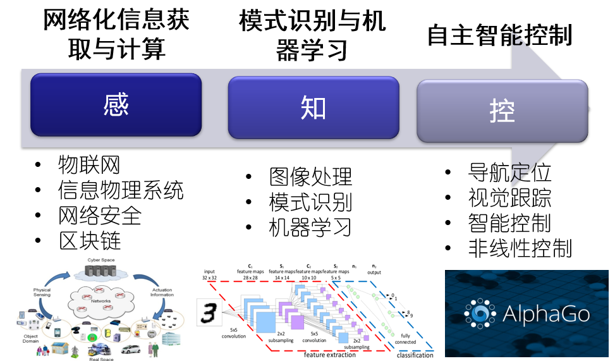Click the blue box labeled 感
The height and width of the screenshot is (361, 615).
click(116, 105)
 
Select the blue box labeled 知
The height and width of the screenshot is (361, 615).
click(313, 108)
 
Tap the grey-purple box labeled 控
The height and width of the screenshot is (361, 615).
click(502, 111)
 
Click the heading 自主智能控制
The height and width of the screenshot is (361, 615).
click(499, 35)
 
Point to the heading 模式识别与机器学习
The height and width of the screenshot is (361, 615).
click(312, 35)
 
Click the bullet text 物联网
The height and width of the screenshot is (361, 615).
click(88, 165)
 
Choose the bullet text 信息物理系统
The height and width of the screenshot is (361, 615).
click(121, 190)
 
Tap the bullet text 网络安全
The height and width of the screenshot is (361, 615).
click(99, 216)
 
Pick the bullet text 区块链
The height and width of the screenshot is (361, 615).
click(88, 241)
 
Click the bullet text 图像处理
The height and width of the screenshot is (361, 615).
click(310, 177)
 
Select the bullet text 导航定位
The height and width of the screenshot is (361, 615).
click(509, 172)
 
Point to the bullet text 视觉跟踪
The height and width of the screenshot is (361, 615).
click(509, 197)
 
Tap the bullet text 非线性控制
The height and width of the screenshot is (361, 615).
click(520, 248)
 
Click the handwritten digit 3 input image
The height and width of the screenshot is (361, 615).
click(210, 312)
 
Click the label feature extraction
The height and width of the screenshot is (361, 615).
click(331, 355)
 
